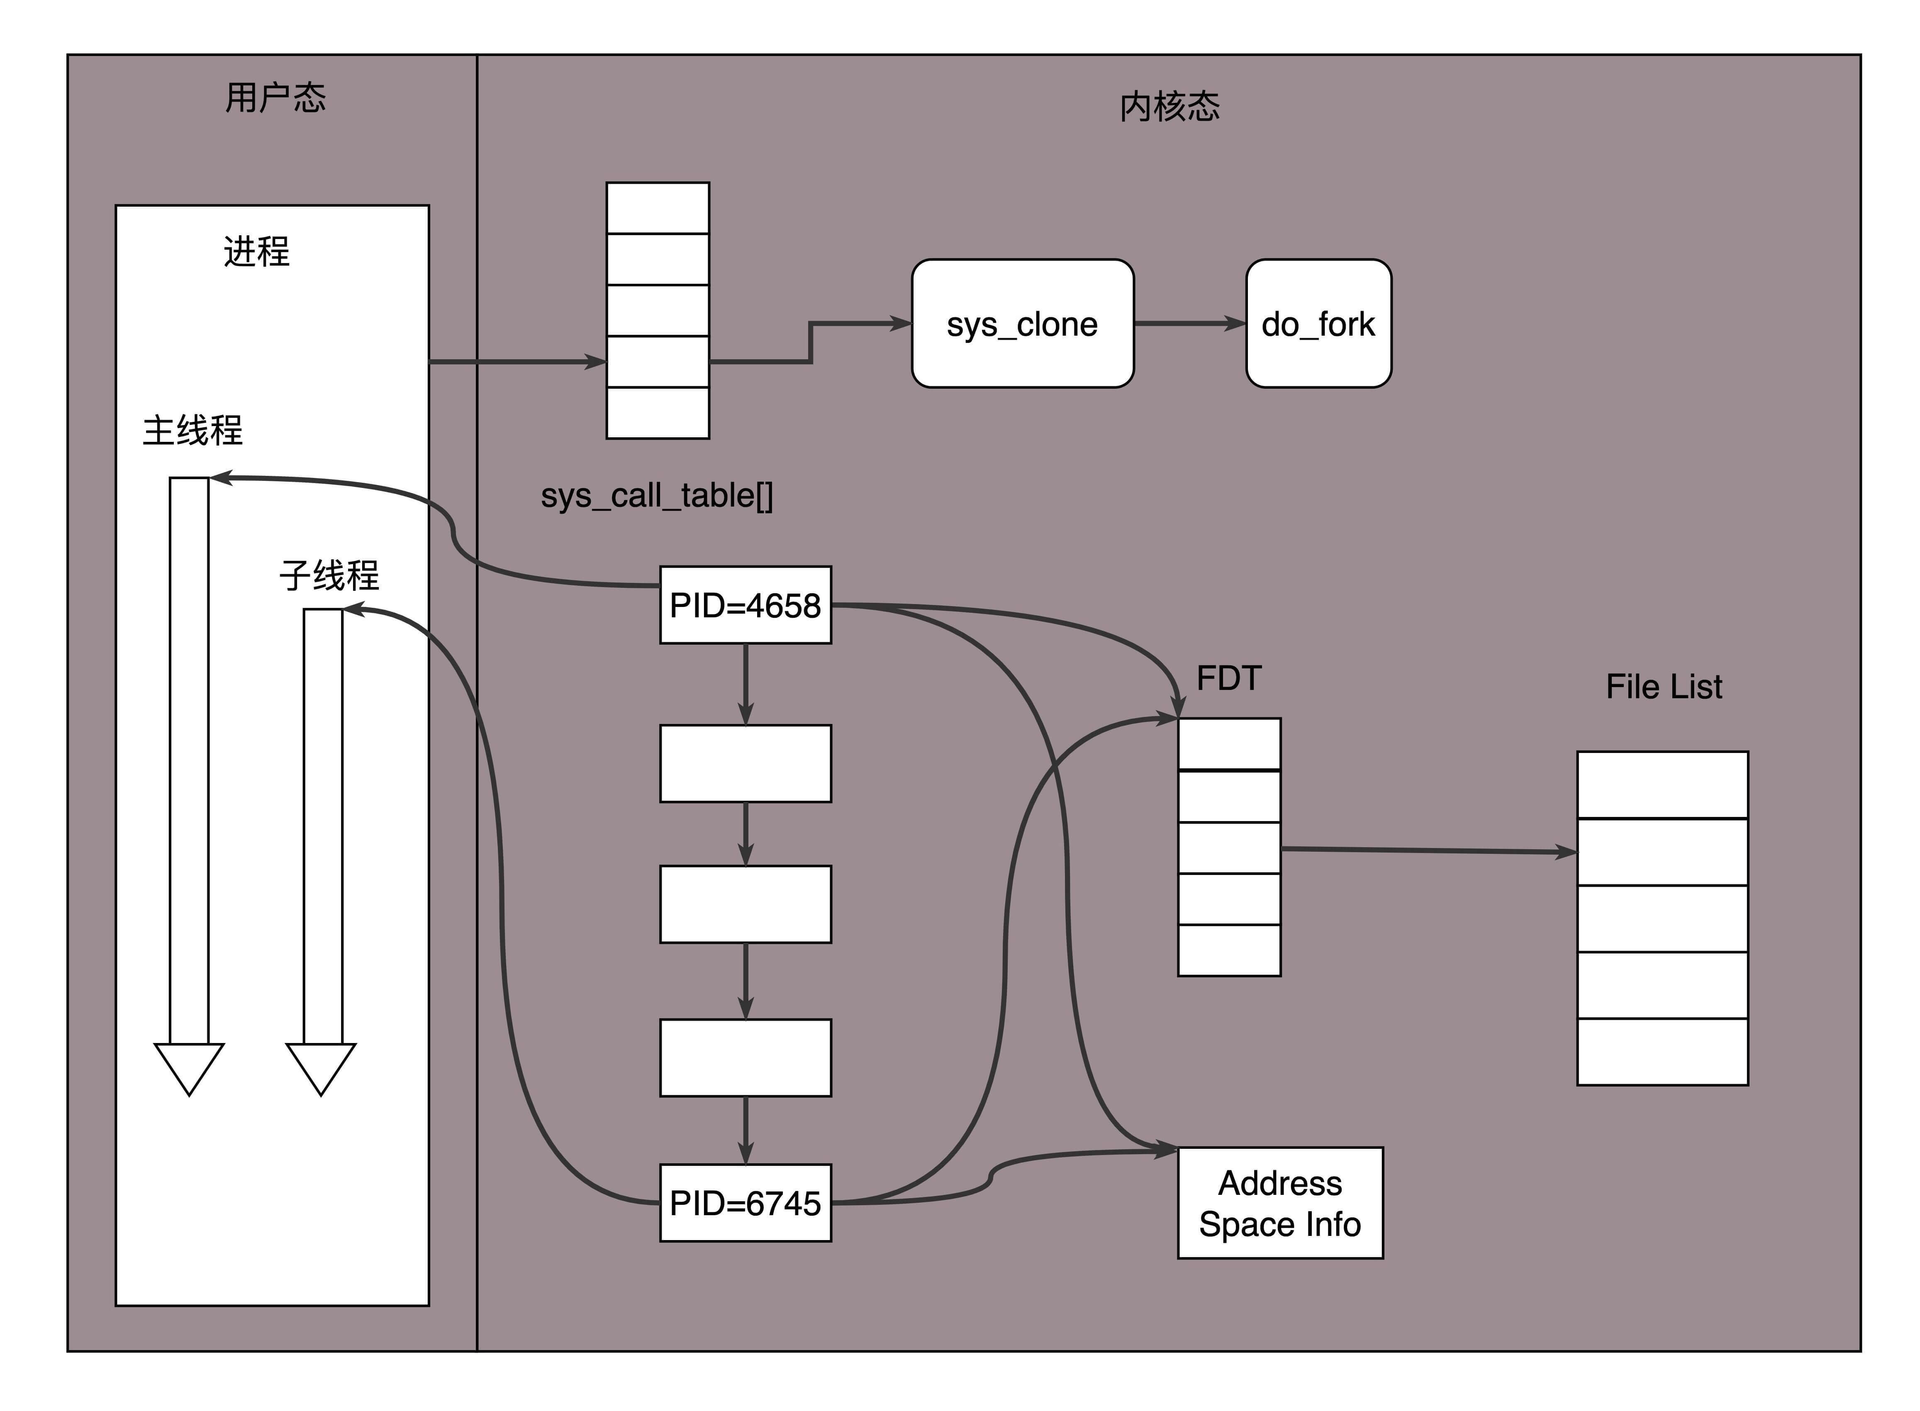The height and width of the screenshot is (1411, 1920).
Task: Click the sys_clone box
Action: click(x=1022, y=324)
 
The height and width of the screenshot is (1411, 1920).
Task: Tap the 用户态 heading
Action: click(x=275, y=97)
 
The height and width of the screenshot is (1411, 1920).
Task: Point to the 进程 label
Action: click(x=256, y=251)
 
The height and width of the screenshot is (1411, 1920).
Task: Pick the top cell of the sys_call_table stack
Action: click(x=658, y=207)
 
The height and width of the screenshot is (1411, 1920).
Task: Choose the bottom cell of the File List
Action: click(x=1662, y=1051)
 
